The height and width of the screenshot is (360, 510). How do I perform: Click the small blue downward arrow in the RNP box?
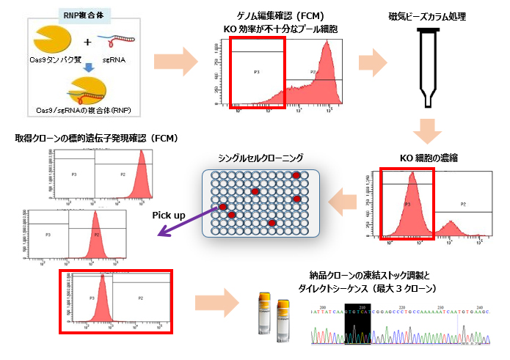[x=87, y=67]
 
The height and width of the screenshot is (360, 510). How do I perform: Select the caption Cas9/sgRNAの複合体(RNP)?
[x=83, y=110]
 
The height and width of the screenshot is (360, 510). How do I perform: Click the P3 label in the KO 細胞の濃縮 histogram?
[x=407, y=205]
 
